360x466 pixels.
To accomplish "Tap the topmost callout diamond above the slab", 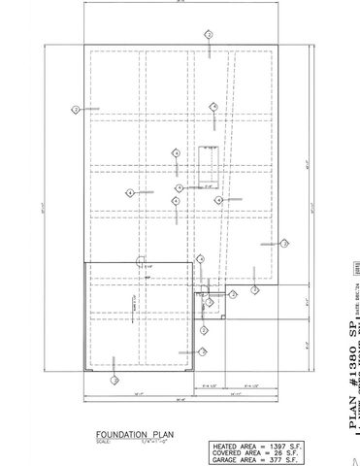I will (x=208, y=34).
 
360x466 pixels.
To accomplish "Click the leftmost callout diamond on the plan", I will (x=76, y=109).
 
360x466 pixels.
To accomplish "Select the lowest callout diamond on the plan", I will (x=115, y=381).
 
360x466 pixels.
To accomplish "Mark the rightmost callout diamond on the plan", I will (x=285, y=244).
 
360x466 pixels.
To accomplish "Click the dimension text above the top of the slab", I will (x=180, y=3).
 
